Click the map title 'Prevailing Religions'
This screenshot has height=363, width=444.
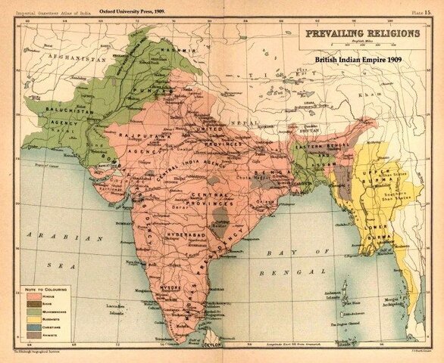tap(362, 33)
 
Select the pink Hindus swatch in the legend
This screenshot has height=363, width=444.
tap(33, 299)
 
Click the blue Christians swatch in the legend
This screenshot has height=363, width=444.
tap(33, 327)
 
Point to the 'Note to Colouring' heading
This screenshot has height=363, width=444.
tap(45, 290)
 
